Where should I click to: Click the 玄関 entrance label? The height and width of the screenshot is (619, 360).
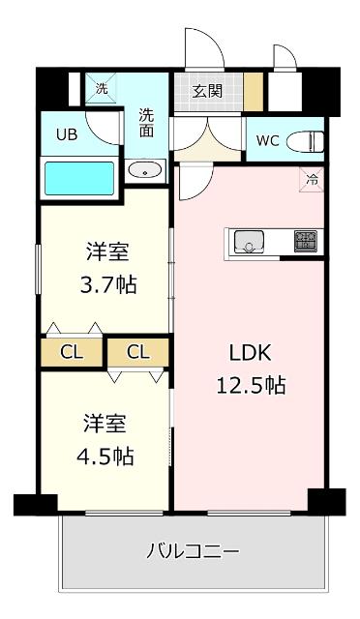coord(207,92)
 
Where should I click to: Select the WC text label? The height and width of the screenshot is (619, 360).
coord(268,141)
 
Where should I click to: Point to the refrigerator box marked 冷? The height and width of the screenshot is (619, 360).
coord(313,178)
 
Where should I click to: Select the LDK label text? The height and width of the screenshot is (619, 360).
coord(249,353)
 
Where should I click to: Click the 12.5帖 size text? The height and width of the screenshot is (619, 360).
coord(249,384)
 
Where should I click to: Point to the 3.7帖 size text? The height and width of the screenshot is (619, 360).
coord(106,286)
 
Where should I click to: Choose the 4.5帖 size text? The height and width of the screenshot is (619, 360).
coord(106,456)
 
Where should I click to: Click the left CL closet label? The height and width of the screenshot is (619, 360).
coord(72,352)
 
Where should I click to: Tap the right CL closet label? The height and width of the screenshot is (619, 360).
coord(137,352)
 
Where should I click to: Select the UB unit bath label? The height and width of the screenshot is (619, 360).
coord(66,134)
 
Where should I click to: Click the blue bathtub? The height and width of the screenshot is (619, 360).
coord(79,179)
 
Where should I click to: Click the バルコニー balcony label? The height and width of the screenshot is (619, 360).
coord(193,552)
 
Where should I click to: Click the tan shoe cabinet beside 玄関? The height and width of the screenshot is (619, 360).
coord(254,94)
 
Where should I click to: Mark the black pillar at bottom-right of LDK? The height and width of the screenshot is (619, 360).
coord(325,502)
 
